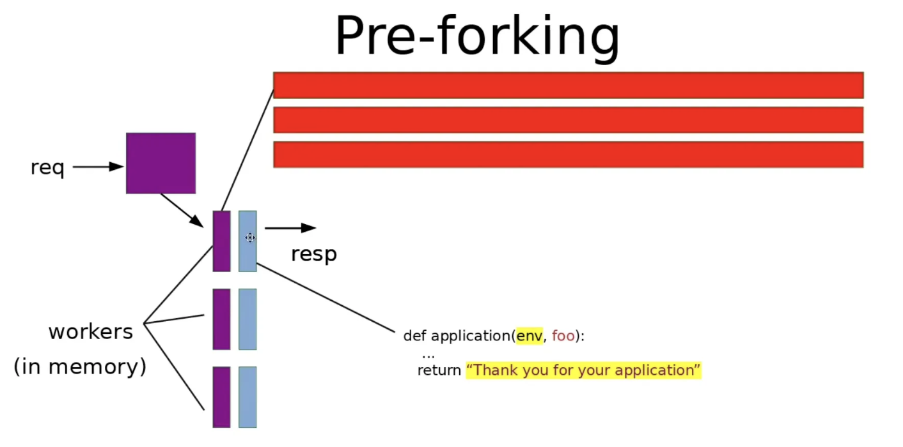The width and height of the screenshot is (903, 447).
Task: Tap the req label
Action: click(x=48, y=168)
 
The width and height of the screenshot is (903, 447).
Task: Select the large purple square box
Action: click(x=161, y=163)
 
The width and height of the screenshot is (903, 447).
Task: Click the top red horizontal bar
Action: click(x=568, y=85)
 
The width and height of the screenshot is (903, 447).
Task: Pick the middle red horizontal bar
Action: click(x=568, y=119)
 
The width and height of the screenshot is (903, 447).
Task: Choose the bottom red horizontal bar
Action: click(x=568, y=155)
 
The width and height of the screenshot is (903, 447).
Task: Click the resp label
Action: click(x=313, y=254)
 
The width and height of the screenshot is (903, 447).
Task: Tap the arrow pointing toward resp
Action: click(x=290, y=228)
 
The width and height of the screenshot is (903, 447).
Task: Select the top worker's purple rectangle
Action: click(x=221, y=241)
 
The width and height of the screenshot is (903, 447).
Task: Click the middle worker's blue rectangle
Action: click(x=247, y=319)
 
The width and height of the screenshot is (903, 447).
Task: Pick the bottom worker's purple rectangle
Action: click(x=221, y=397)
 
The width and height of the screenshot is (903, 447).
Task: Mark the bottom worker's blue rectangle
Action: click(x=247, y=397)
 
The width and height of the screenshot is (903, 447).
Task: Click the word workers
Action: click(x=91, y=332)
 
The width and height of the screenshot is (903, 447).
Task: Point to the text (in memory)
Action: click(x=80, y=367)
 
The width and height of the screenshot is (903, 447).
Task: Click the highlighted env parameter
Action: click(x=529, y=336)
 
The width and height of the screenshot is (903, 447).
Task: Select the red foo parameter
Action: click(x=563, y=336)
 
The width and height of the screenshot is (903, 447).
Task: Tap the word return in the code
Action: click(x=439, y=370)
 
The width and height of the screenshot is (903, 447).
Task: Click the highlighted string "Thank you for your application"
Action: click(x=583, y=370)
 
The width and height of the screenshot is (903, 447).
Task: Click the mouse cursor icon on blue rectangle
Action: click(x=250, y=238)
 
